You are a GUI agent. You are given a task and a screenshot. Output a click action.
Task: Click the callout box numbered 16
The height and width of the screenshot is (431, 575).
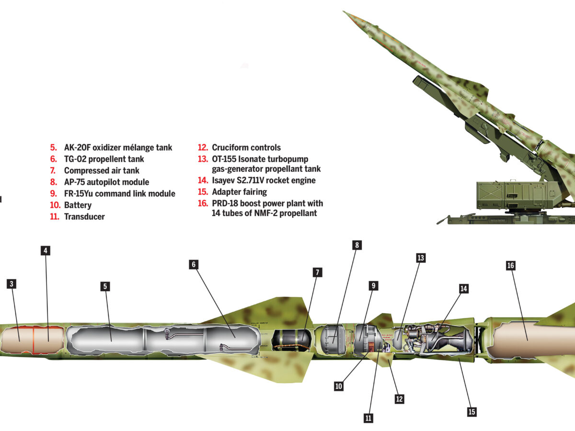(x=510, y=265)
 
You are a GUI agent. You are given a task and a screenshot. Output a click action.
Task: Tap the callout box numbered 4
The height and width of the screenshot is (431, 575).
(x=46, y=250)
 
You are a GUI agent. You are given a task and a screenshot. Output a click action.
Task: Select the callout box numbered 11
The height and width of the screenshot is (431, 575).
(x=368, y=418)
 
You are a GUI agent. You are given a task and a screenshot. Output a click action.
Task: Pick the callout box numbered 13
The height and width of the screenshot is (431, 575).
(x=421, y=258)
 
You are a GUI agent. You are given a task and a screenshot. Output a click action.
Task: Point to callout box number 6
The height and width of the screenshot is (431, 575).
(x=194, y=264)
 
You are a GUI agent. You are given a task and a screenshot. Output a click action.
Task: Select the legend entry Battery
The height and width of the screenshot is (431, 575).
(x=78, y=205)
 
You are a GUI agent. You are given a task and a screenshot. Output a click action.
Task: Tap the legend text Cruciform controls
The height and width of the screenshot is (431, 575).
(x=246, y=147)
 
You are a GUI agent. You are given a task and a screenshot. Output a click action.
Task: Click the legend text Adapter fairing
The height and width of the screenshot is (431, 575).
(x=239, y=192)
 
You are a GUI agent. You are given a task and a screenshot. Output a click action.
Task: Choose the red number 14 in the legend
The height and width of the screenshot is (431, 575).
(x=203, y=181)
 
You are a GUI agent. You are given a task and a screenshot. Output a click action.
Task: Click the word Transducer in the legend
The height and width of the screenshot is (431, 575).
(x=84, y=216)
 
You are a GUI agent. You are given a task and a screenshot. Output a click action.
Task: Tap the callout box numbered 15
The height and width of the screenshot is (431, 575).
(x=471, y=411)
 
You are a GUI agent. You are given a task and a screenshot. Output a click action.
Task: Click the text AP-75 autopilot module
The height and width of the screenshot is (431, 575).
(x=106, y=182)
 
